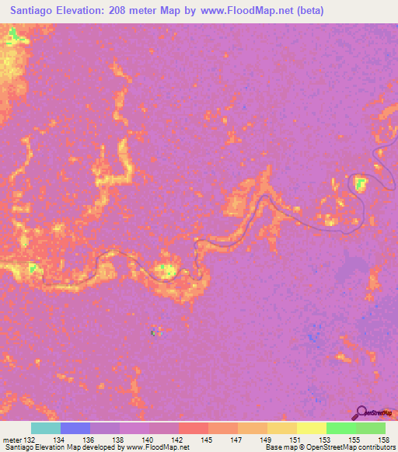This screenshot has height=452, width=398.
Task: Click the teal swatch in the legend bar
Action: click(x=46, y=429)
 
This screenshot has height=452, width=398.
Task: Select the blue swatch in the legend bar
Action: click(x=75, y=429)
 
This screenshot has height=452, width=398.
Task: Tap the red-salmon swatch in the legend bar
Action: click(x=193, y=429)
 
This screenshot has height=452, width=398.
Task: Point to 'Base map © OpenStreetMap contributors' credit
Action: click(x=329, y=447)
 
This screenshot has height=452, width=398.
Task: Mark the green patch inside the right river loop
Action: click(x=360, y=183)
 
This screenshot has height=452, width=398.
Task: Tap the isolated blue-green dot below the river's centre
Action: click(x=154, y=332)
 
